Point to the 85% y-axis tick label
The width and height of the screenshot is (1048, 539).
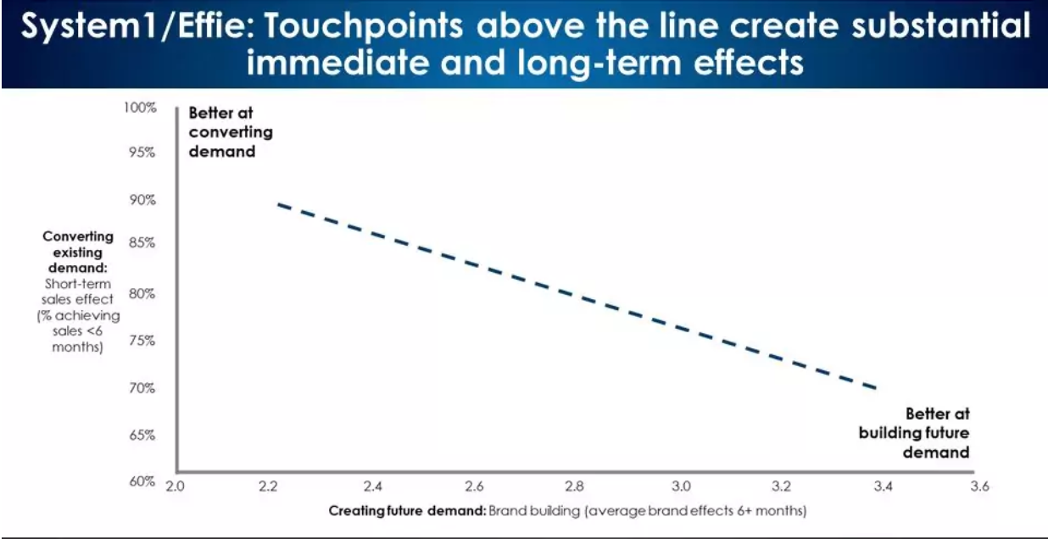click(x=142, y=242)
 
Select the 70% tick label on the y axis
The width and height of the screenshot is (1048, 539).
click(x=142, y=388)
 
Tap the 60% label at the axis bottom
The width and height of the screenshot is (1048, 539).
click(x=142, y=481)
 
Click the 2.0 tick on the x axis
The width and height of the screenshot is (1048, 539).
click(x=175, y=486)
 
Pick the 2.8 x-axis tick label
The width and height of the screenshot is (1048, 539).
click(x=574, y=486)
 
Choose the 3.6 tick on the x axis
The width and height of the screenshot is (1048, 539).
click(x=979, y=486)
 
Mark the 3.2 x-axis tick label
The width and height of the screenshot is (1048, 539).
click(x=781, y=486)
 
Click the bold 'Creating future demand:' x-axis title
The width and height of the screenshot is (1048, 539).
click(x=406, y=510)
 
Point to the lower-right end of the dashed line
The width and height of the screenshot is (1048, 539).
click(x=874, y=388)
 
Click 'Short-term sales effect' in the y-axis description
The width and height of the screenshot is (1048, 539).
click(x=78, y=291)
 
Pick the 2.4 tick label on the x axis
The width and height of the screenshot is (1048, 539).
click(x=372, y=486)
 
